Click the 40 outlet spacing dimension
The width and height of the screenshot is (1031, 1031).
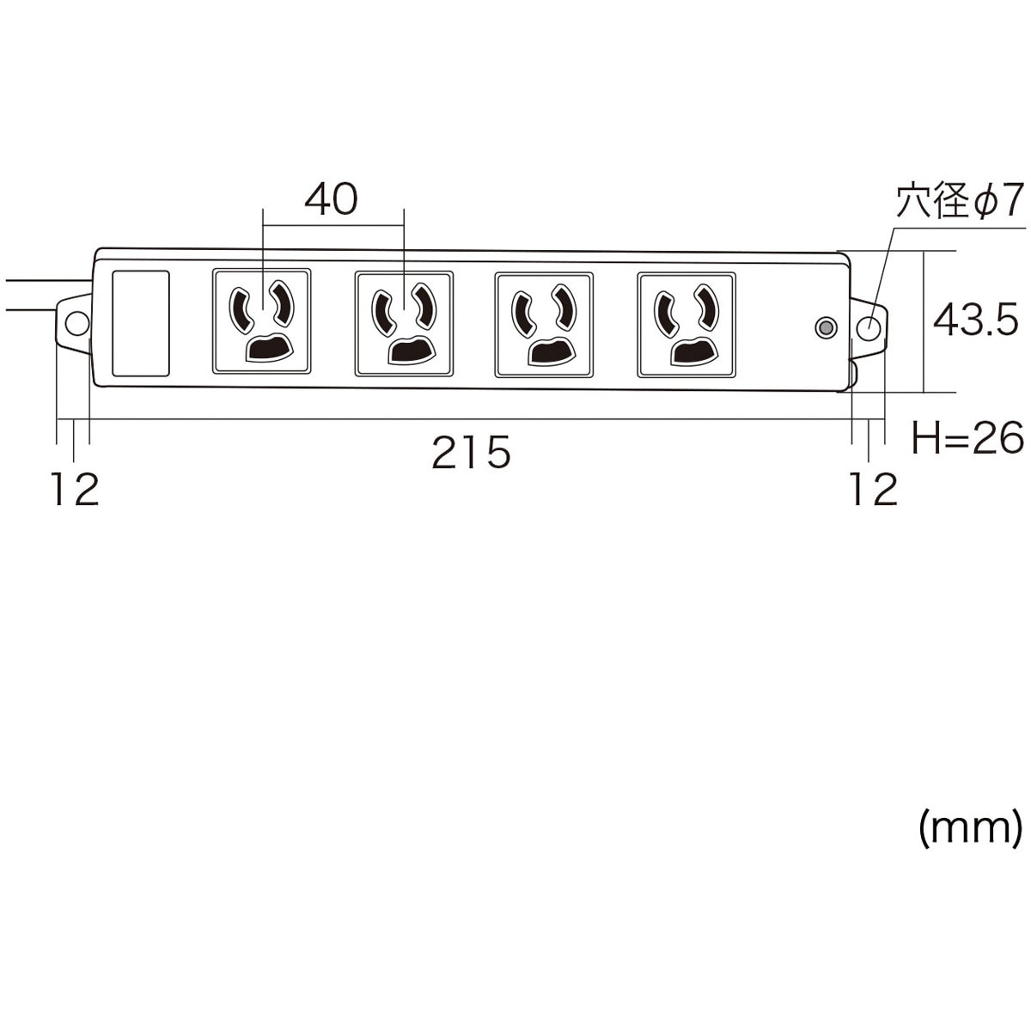coord(331,199)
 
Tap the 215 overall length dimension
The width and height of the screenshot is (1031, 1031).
coord(472,452)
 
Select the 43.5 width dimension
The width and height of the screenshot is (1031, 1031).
coord(975,320)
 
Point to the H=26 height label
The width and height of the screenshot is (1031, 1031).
coord(968,437)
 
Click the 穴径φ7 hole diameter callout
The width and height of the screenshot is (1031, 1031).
coord(960,200)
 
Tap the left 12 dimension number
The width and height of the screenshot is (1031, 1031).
coord(76,489)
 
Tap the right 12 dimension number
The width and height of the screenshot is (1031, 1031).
coord(874,489)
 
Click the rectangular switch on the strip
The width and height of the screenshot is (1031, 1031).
coord(141,323)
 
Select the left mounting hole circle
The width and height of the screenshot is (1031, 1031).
coord(76,324)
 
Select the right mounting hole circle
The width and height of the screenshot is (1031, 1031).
coord(869,328)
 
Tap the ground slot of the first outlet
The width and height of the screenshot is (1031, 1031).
coord(269,348)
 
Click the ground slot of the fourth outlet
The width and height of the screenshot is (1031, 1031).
coord(695,351)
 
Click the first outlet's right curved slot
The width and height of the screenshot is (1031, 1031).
coord(282,302)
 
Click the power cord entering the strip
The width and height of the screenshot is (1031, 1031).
coord(46,294)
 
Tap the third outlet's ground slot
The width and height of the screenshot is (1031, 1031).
coord(554,351)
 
